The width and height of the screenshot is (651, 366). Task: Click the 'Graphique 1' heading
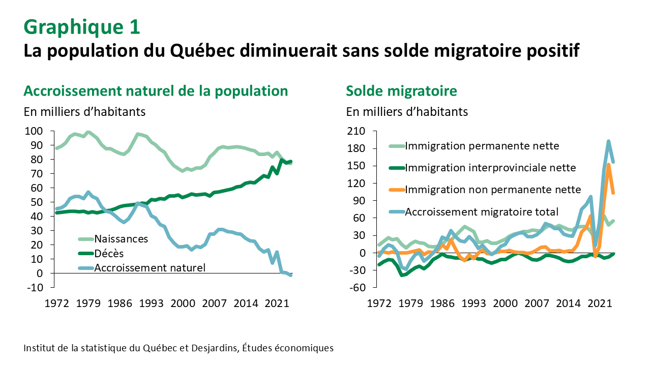tap(82, 27)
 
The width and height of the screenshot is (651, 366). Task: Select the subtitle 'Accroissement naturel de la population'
tap(156, 91)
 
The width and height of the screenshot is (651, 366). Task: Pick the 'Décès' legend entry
tap(109, 253)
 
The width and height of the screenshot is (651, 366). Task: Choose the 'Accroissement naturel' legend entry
tap(150, 267)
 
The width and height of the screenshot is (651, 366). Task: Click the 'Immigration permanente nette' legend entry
tap(482, 146)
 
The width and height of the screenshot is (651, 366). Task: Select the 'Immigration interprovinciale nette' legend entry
tap(490, 168)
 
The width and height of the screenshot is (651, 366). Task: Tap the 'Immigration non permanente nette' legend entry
tap(492, 190)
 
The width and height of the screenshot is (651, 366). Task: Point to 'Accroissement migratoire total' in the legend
tap(482, 211)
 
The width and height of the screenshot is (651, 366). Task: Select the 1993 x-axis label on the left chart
tap(152, 303)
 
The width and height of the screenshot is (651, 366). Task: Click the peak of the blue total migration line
tap(608, 141)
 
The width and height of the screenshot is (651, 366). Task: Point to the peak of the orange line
tap(609, 164)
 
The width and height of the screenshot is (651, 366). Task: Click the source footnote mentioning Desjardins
tap(179, 348)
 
